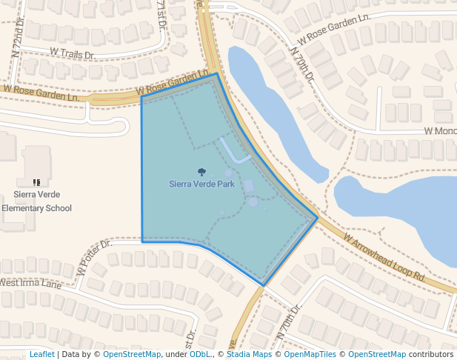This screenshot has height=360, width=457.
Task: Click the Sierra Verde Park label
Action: tap(201, 184)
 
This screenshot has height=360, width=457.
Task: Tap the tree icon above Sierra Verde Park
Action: tap(201, 172)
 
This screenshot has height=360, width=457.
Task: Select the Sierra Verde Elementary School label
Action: tap(36, 201)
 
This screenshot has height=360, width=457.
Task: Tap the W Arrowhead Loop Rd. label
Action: tap(384, 258)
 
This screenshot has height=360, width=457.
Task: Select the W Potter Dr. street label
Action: tap(93, 256)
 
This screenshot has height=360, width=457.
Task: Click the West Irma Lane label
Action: tap(30, 283)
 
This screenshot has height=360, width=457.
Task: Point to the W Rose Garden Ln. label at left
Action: tap(41, 93)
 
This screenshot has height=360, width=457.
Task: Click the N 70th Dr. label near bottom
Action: tap(290, 321)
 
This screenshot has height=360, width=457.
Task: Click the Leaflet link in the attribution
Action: tap(41, 354)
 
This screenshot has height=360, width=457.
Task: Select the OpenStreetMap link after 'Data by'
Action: tap(132, 354)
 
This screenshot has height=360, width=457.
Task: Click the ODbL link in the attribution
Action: tap(200, 354)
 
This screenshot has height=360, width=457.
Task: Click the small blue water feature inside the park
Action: tap(236, 153)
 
